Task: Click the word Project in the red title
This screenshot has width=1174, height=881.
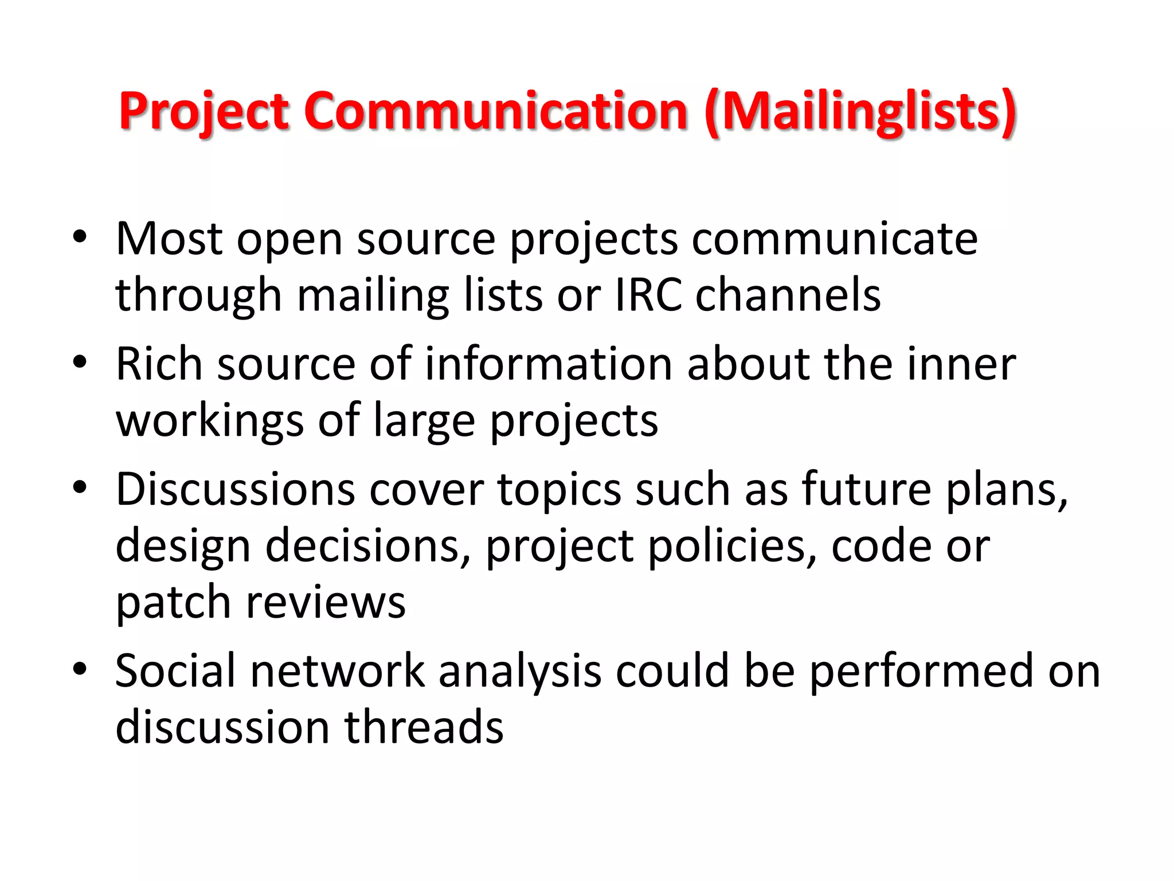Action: click(x=204, y=112)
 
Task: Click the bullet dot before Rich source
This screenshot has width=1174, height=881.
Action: click(x=80, y=362)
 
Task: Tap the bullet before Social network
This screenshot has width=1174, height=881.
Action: click(x=80, y=669)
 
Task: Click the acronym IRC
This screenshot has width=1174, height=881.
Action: click(x=648, y=295)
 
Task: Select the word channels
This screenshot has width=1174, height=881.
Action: click(x=788, y=295)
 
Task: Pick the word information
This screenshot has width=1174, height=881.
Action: click(x=549, y=364)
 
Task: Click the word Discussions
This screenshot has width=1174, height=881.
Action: click(x=236, y=489)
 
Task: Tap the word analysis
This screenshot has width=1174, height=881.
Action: click(x=520, y=671)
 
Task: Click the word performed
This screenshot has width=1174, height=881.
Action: click(x=921, y=671)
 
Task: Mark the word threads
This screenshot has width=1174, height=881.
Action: click(x=424, y=727)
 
